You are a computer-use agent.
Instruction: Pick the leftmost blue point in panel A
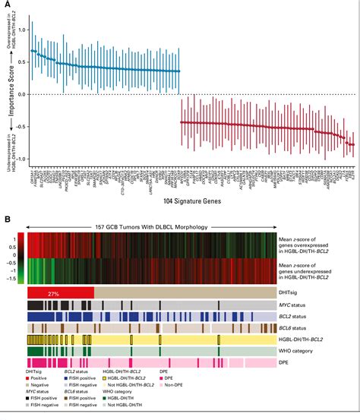coord(31,51)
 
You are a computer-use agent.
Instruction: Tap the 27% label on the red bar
coord(53,292)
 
